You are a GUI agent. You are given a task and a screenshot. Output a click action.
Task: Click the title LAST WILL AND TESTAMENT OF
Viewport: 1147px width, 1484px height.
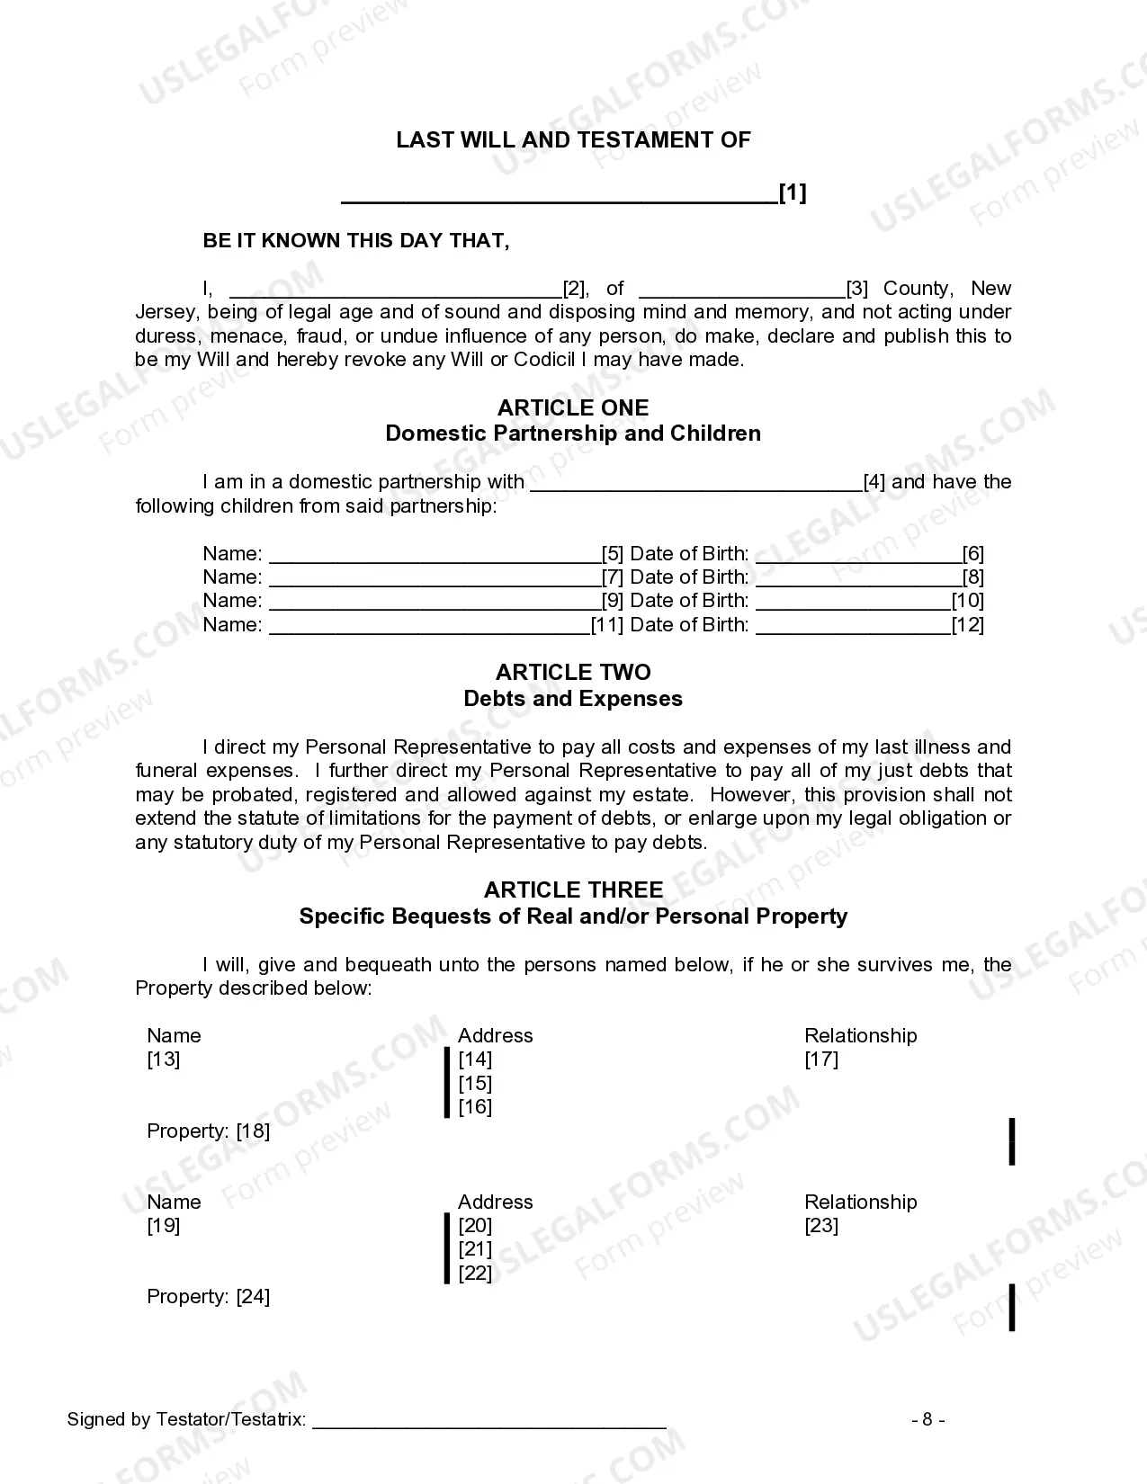[573, 140]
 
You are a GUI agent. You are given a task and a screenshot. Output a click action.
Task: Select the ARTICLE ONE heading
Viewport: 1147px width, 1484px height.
[573, 408]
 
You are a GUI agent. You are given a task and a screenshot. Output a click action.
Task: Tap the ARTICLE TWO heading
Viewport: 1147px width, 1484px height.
[573, 673]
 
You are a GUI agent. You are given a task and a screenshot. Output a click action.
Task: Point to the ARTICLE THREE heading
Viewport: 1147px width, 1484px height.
[573, 890]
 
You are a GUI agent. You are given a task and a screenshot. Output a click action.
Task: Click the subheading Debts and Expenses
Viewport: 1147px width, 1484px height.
[573, 699]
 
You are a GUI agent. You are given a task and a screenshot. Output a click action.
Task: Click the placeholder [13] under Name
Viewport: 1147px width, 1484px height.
[164, 1059]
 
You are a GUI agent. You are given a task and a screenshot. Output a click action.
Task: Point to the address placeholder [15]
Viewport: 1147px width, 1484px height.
[475, 1084]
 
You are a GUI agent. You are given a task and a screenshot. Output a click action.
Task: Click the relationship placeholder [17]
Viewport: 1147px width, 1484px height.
[821, 1059]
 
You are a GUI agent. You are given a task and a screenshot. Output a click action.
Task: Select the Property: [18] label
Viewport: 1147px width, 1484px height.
[209, 1131]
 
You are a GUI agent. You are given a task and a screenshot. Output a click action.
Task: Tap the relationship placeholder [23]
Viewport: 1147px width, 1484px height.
[821, 1226]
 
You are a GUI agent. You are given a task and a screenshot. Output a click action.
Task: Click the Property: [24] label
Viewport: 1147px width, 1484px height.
[209, 1297]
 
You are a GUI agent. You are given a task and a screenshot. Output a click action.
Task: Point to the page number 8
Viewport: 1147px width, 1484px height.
[927, 1420]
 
